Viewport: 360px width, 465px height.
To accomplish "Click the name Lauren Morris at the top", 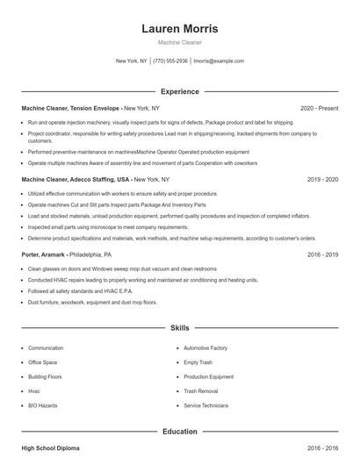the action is click(180, 28).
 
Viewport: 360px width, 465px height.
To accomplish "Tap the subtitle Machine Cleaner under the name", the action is click(180, 42).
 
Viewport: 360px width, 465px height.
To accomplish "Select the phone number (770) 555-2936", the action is click(170, 61).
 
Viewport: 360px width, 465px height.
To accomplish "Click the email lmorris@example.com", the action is click(219, 61).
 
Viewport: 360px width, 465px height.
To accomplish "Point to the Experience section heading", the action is click(180, 91).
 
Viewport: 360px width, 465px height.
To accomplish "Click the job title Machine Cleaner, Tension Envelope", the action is click(70, 108).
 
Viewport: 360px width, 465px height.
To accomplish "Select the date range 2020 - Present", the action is click(319, 108).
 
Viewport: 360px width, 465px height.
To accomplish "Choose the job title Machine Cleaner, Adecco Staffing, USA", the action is click(76, 178).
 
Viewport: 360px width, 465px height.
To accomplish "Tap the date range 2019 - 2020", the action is click(322, 178).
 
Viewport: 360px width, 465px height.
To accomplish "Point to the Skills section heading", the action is click(180, 327).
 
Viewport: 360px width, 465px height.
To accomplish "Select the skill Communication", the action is click(46, 348).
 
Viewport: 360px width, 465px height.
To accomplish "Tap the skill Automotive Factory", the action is click(205, 348).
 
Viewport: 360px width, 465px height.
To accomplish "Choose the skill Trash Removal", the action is click(201, 391).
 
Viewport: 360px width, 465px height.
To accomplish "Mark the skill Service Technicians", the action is click(206, 405).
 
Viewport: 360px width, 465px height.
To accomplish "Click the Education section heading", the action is click(180, 431).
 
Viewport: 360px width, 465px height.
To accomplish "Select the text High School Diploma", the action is click(50, 448).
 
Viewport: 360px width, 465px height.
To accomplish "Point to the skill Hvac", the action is click(34, 391).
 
